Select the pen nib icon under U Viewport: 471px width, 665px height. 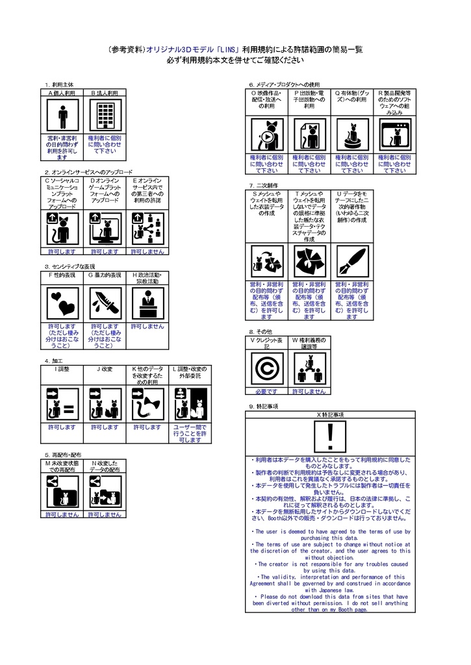351,262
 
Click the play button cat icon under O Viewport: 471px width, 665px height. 266,136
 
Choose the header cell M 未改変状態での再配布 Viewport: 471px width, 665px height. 62,466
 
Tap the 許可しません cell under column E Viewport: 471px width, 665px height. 147,251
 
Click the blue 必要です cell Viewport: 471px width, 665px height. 266,392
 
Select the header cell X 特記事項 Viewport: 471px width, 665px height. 330,414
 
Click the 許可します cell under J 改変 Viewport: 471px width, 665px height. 105,427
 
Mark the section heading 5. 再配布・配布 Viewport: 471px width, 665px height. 63,455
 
